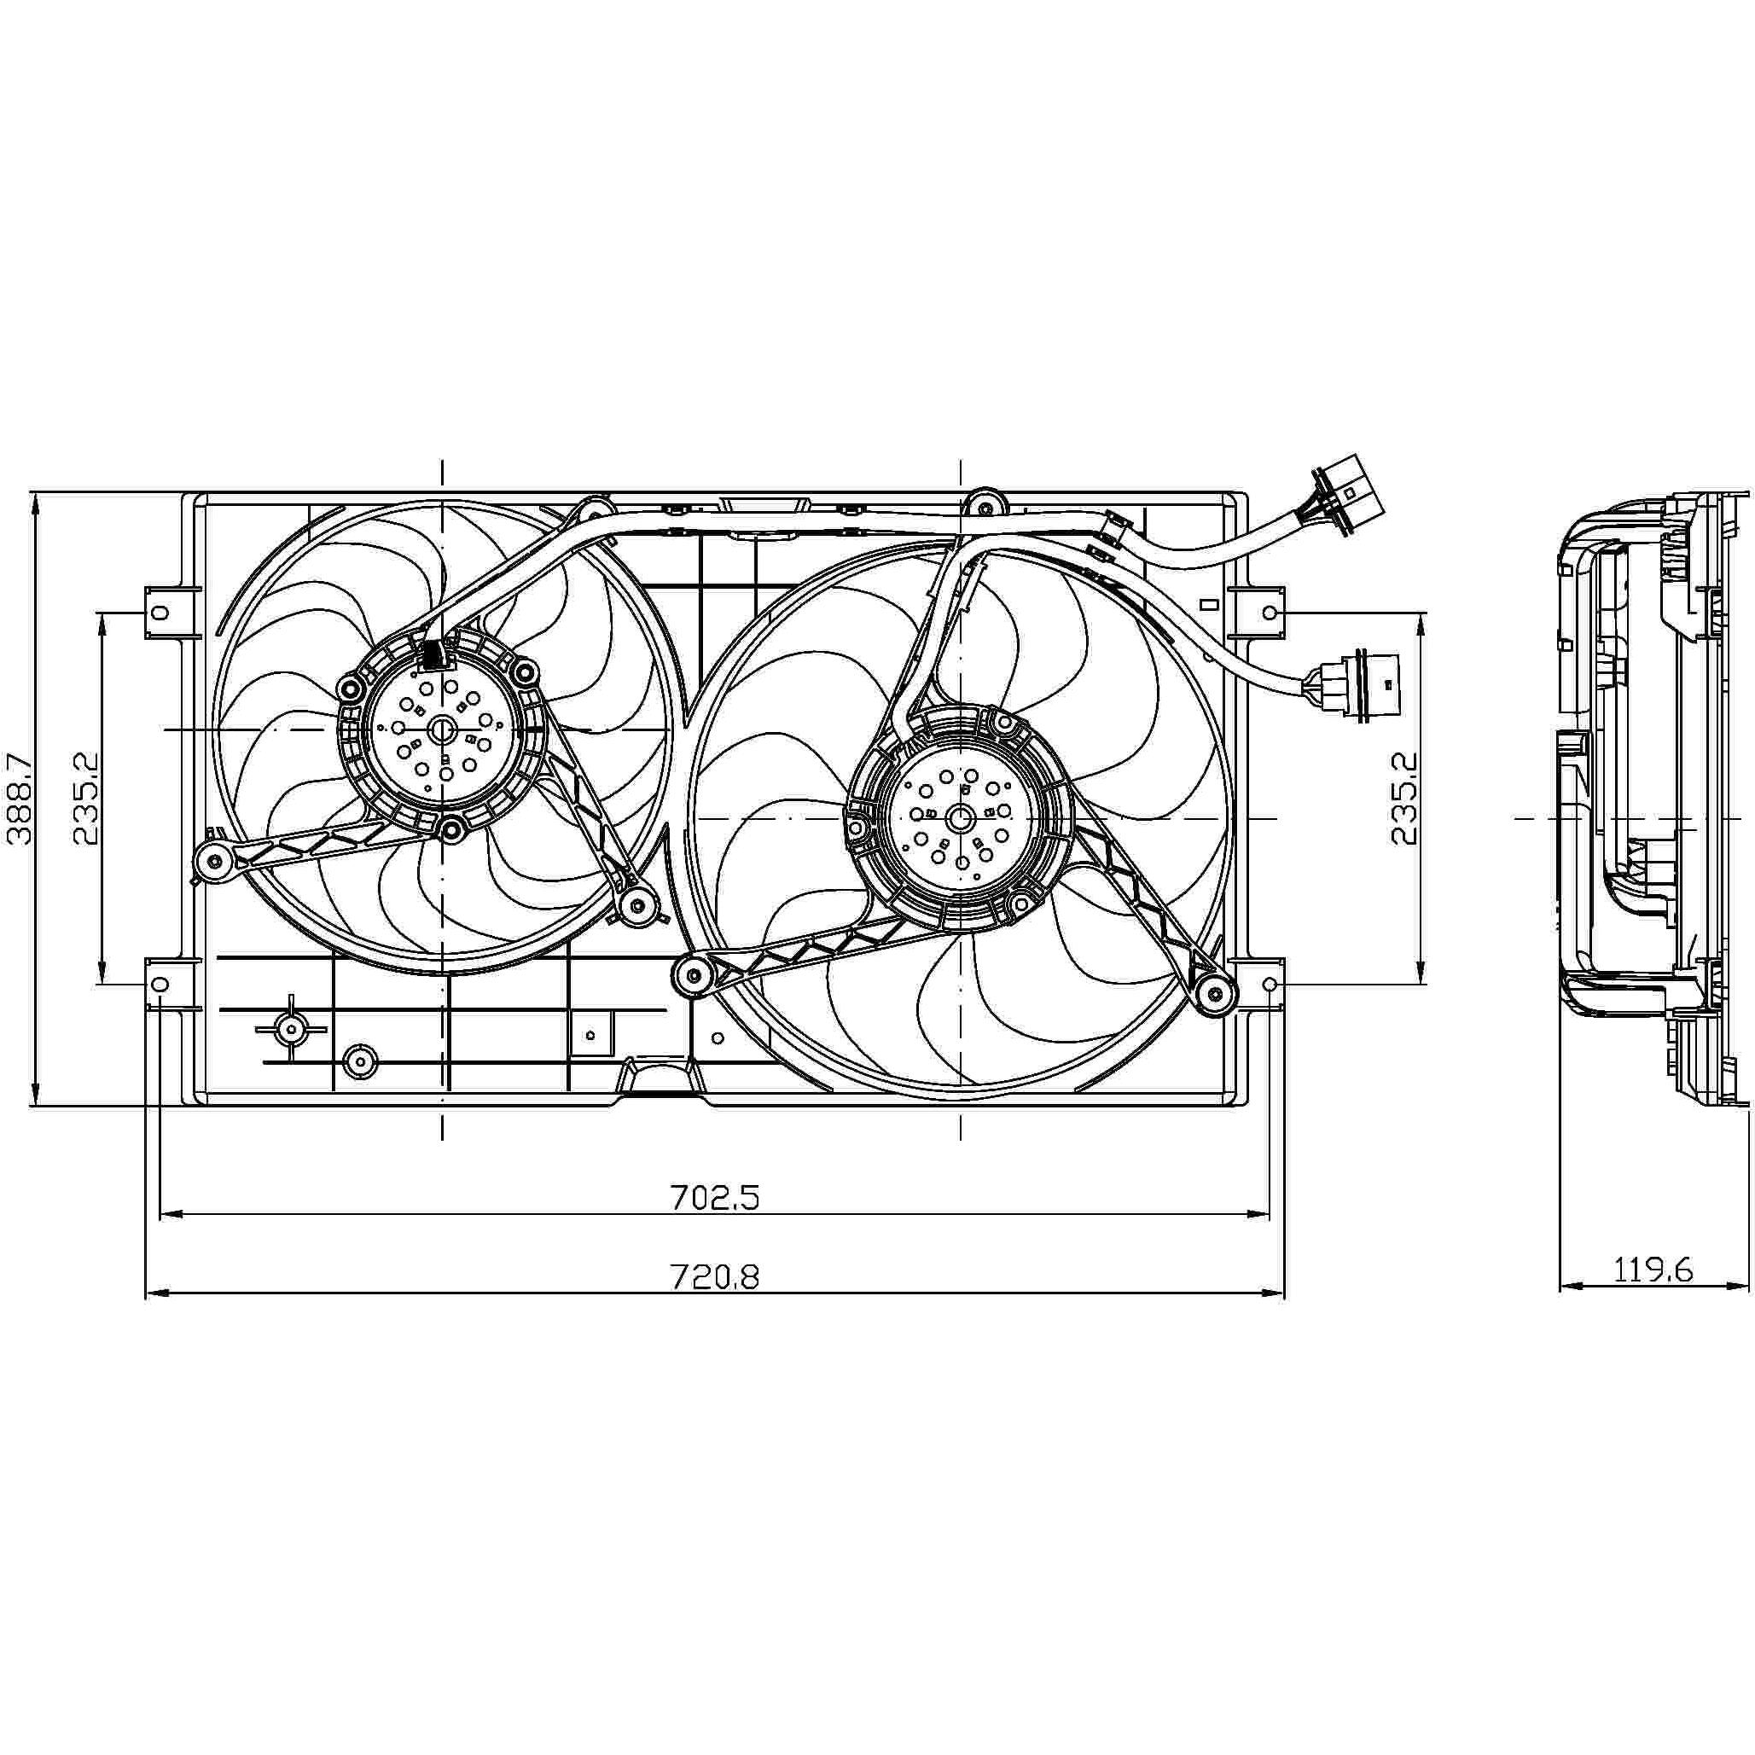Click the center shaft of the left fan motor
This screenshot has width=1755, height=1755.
coord(444,729)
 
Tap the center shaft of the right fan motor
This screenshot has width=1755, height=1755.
coord(960,818)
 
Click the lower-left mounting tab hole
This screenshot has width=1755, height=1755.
coord(160,985)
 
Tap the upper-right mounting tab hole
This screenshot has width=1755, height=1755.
coord(1270,614)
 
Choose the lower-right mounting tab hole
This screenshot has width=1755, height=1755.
coord(1270,985)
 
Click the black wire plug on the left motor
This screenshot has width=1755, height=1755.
coord(432,654)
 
